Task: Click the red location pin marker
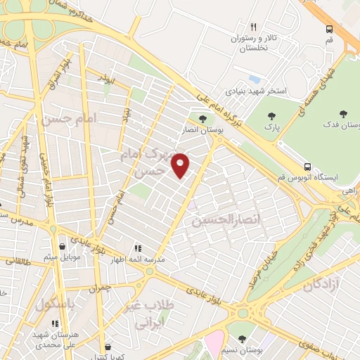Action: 181,165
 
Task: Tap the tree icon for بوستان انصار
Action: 202,119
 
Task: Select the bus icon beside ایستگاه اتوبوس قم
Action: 307,167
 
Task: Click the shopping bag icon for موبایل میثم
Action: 65,247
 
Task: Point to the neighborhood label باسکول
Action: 53,307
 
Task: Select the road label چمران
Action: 100,288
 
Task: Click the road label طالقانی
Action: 15,259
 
